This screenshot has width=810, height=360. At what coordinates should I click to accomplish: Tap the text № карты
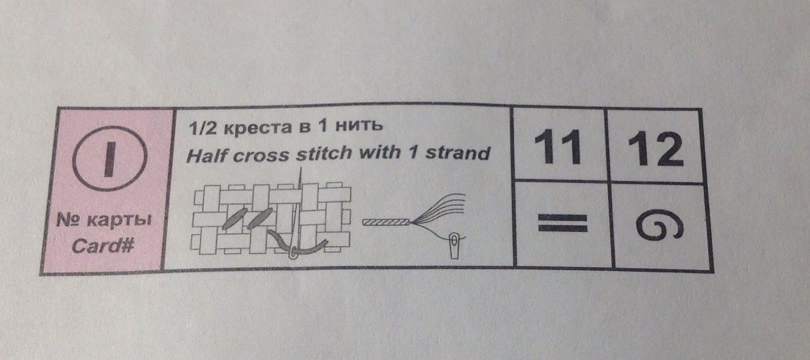pyautogui.click(x=104, y=222)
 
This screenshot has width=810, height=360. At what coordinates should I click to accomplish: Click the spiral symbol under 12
pyautogui.click(x=659, y=226)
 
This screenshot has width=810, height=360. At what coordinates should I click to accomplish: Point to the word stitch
pyautogui.click(x=324, y=153)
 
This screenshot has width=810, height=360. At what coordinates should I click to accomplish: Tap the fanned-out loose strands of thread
pyautogui.click(x=442, y=210)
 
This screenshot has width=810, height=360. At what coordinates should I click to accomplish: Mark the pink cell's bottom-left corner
pyautogui.click(x=42, y=272)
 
